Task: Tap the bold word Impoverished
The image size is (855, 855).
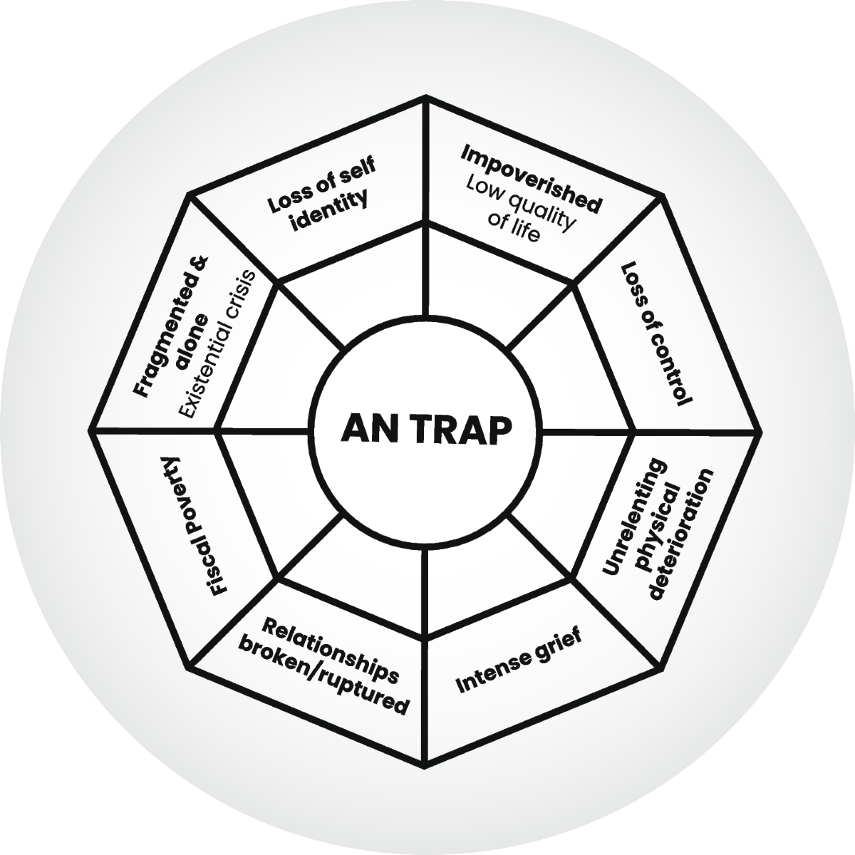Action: click(x=532, y=177)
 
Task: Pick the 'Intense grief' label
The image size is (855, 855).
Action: click(x=519, y=660)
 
